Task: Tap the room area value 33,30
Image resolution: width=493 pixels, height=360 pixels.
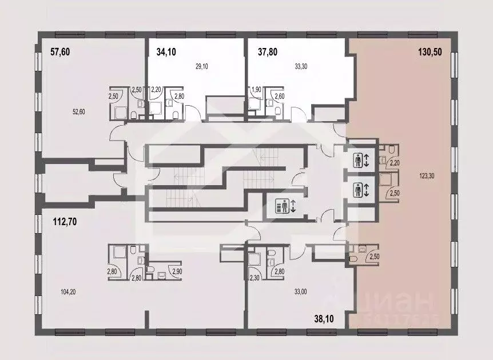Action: pyautogui.click(x=300, y=66)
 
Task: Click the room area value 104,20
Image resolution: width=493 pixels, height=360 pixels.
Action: pyautogui.click(x=67, y=292)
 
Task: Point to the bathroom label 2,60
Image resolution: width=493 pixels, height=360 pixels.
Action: pyautogui.click(x=279, y=96)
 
